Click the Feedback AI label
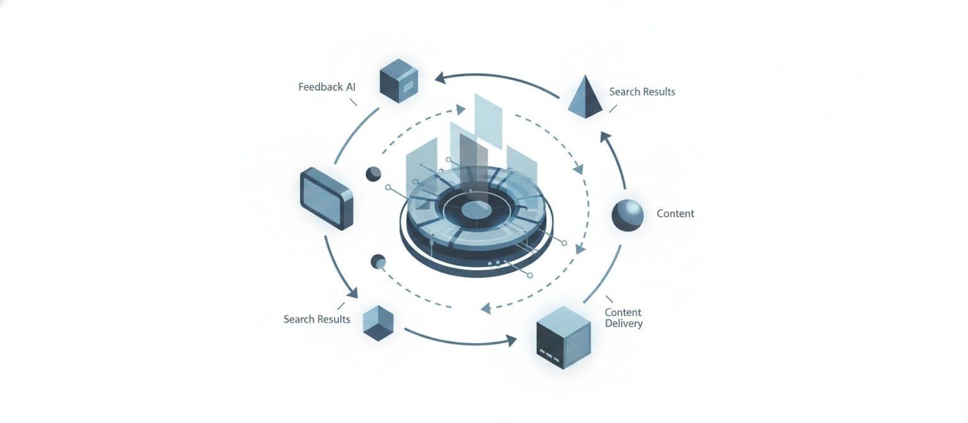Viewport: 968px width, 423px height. point(326,87)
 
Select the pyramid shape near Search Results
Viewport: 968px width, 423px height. point(586,97)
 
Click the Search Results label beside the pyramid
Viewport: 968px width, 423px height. point(642,92)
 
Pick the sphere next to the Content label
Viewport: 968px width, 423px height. point(628,215)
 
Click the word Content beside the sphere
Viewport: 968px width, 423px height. point(675,213)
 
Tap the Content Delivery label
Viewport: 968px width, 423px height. point(623,318)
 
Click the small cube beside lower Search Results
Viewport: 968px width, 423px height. point(379,322)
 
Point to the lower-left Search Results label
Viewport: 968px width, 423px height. point(316,319)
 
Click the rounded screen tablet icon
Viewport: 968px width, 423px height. point(327,198)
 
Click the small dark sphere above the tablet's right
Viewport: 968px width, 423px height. point(373,174)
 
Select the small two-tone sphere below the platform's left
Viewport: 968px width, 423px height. point(378,261)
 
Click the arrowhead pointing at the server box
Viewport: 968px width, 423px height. point(510,341)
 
